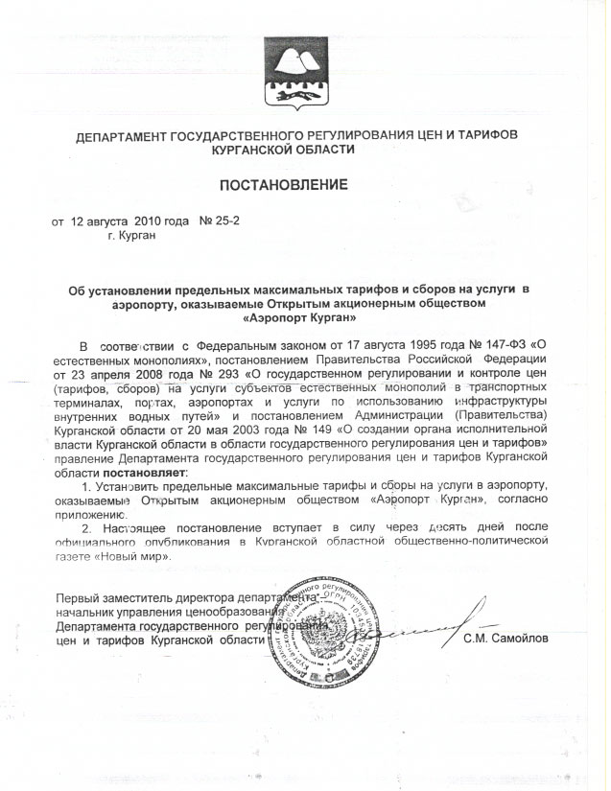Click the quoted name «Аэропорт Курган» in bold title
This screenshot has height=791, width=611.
300,315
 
